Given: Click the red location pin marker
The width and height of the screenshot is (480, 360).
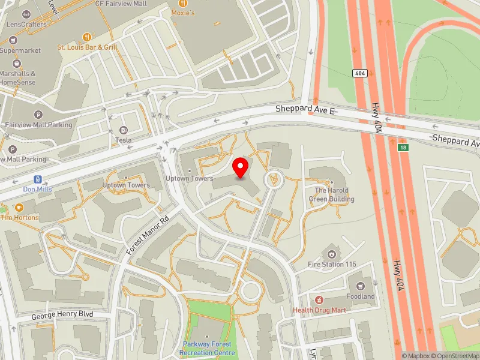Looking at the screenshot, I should pyautogui.click(x=241, y=167).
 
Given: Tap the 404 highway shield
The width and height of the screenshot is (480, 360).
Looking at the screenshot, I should pyautogui.click(x=359, y=73).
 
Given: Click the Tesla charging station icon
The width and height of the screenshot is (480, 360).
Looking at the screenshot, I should pyautogui.click(x=124, y=130).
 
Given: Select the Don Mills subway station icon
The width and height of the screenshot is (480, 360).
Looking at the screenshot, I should pyautogui.click(x=38, y=179).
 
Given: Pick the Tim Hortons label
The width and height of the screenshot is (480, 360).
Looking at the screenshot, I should pyautogui.click(x=19, y=217).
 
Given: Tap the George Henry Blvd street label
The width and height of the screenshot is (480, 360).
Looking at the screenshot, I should pyautogui.click(x=62, y=314).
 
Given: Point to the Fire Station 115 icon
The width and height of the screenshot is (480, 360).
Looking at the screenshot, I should pyautogui.click(x=332, y=254).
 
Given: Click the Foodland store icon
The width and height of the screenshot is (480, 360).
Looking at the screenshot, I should pyautogui.click(x=361, y=286).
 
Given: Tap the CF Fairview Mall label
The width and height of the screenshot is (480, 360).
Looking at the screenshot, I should pyautogui.click(x=121, y=3).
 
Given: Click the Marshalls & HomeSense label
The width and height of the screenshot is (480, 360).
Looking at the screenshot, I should pyautogui.click(x=18, y=78).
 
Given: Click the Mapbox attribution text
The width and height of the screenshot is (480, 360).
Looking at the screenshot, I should pyautogui.click(x=414, y=356).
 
